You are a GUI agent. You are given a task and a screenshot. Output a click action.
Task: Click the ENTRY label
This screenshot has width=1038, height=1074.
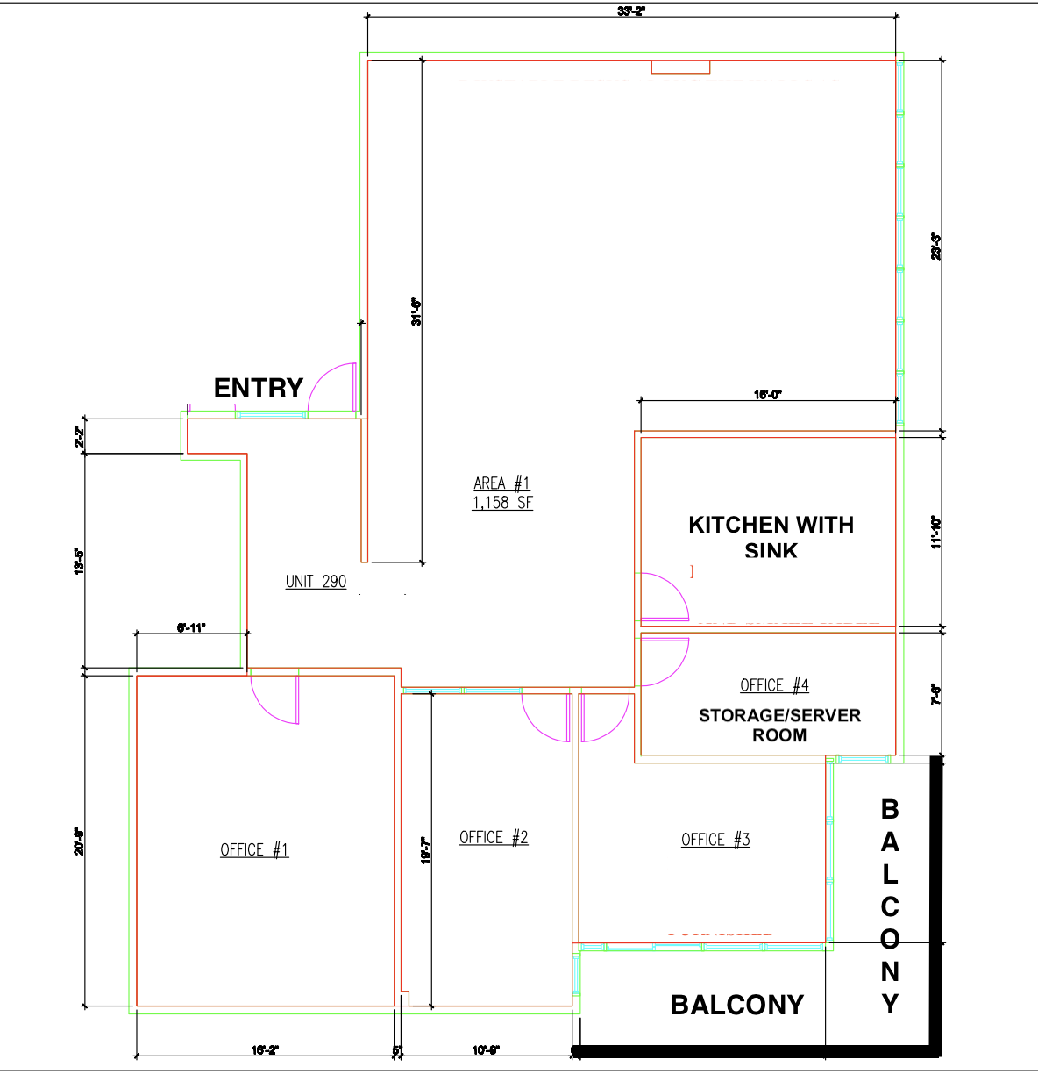(259, 388)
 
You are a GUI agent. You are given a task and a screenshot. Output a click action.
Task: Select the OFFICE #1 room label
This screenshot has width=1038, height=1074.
(254, 849)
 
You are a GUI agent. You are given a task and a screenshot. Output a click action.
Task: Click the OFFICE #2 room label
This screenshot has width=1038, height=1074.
(494, 837)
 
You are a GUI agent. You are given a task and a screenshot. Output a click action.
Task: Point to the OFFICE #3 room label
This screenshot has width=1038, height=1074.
(715, 840)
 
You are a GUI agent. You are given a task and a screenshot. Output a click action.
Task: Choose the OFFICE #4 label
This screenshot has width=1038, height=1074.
(774, 685)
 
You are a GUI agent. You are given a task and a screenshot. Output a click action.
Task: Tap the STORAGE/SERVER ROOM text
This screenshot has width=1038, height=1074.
(779, 725)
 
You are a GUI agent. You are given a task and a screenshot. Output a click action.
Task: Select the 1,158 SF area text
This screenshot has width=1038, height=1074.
(502, 503)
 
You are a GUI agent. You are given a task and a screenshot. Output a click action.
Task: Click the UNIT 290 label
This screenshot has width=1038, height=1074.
(316, 582)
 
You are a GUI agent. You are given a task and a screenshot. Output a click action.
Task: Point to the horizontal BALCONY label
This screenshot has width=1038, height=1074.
(736, 1005)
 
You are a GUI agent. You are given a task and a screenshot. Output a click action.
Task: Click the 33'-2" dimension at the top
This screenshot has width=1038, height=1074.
(630, 11)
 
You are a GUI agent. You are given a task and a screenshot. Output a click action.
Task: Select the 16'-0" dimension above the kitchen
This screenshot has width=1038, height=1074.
(767, 395)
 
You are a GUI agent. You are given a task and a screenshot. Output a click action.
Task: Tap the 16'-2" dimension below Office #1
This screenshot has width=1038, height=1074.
(264, 1050)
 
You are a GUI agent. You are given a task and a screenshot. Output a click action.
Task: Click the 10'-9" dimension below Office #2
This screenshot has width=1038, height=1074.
(485, 1050)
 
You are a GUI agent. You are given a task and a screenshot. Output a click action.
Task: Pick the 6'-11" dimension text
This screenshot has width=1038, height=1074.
(191, 627)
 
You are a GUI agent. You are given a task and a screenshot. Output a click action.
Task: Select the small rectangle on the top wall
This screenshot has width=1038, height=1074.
(680, 67)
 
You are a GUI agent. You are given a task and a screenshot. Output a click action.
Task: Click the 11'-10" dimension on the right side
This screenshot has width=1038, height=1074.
(936, 532)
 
